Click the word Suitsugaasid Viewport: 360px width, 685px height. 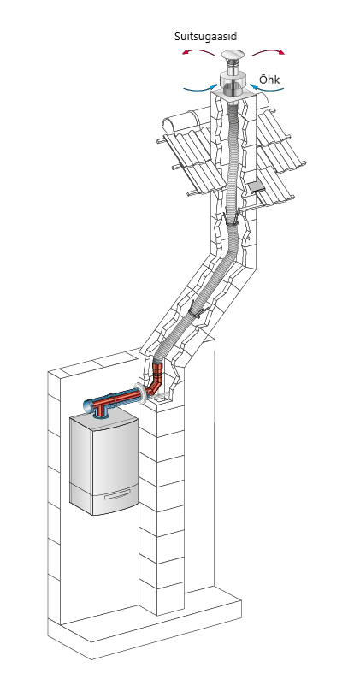pos(205,37)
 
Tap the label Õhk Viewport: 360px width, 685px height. pos(269,80)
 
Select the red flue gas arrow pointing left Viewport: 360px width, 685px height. pos(198,52)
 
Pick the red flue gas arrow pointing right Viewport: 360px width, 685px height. pos(269,52)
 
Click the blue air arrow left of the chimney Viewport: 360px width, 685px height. pos(200,89)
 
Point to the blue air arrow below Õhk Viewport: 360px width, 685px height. pos(267,88)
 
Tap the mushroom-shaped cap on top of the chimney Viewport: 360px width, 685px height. pos(233,56)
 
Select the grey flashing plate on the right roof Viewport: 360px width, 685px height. pos(257,187)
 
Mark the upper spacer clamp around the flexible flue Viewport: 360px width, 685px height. pos(231,219)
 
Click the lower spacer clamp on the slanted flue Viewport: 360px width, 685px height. pos(196,311)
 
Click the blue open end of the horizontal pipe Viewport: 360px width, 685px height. pos(88,406)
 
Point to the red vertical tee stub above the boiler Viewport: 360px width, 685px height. pos(103,410)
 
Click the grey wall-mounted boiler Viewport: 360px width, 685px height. pos(104,464)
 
